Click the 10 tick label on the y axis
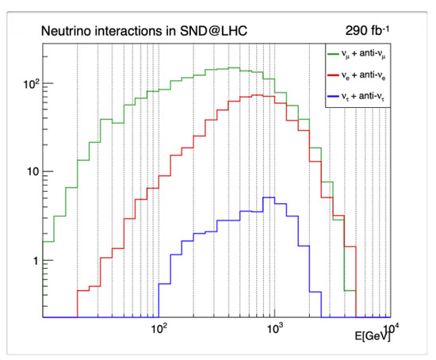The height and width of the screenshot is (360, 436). click(32, 171)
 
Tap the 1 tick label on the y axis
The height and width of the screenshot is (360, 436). click(35, 260)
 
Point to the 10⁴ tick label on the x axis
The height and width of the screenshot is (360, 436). click(389, 327)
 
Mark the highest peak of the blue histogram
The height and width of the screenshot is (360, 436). click(269, 197)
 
